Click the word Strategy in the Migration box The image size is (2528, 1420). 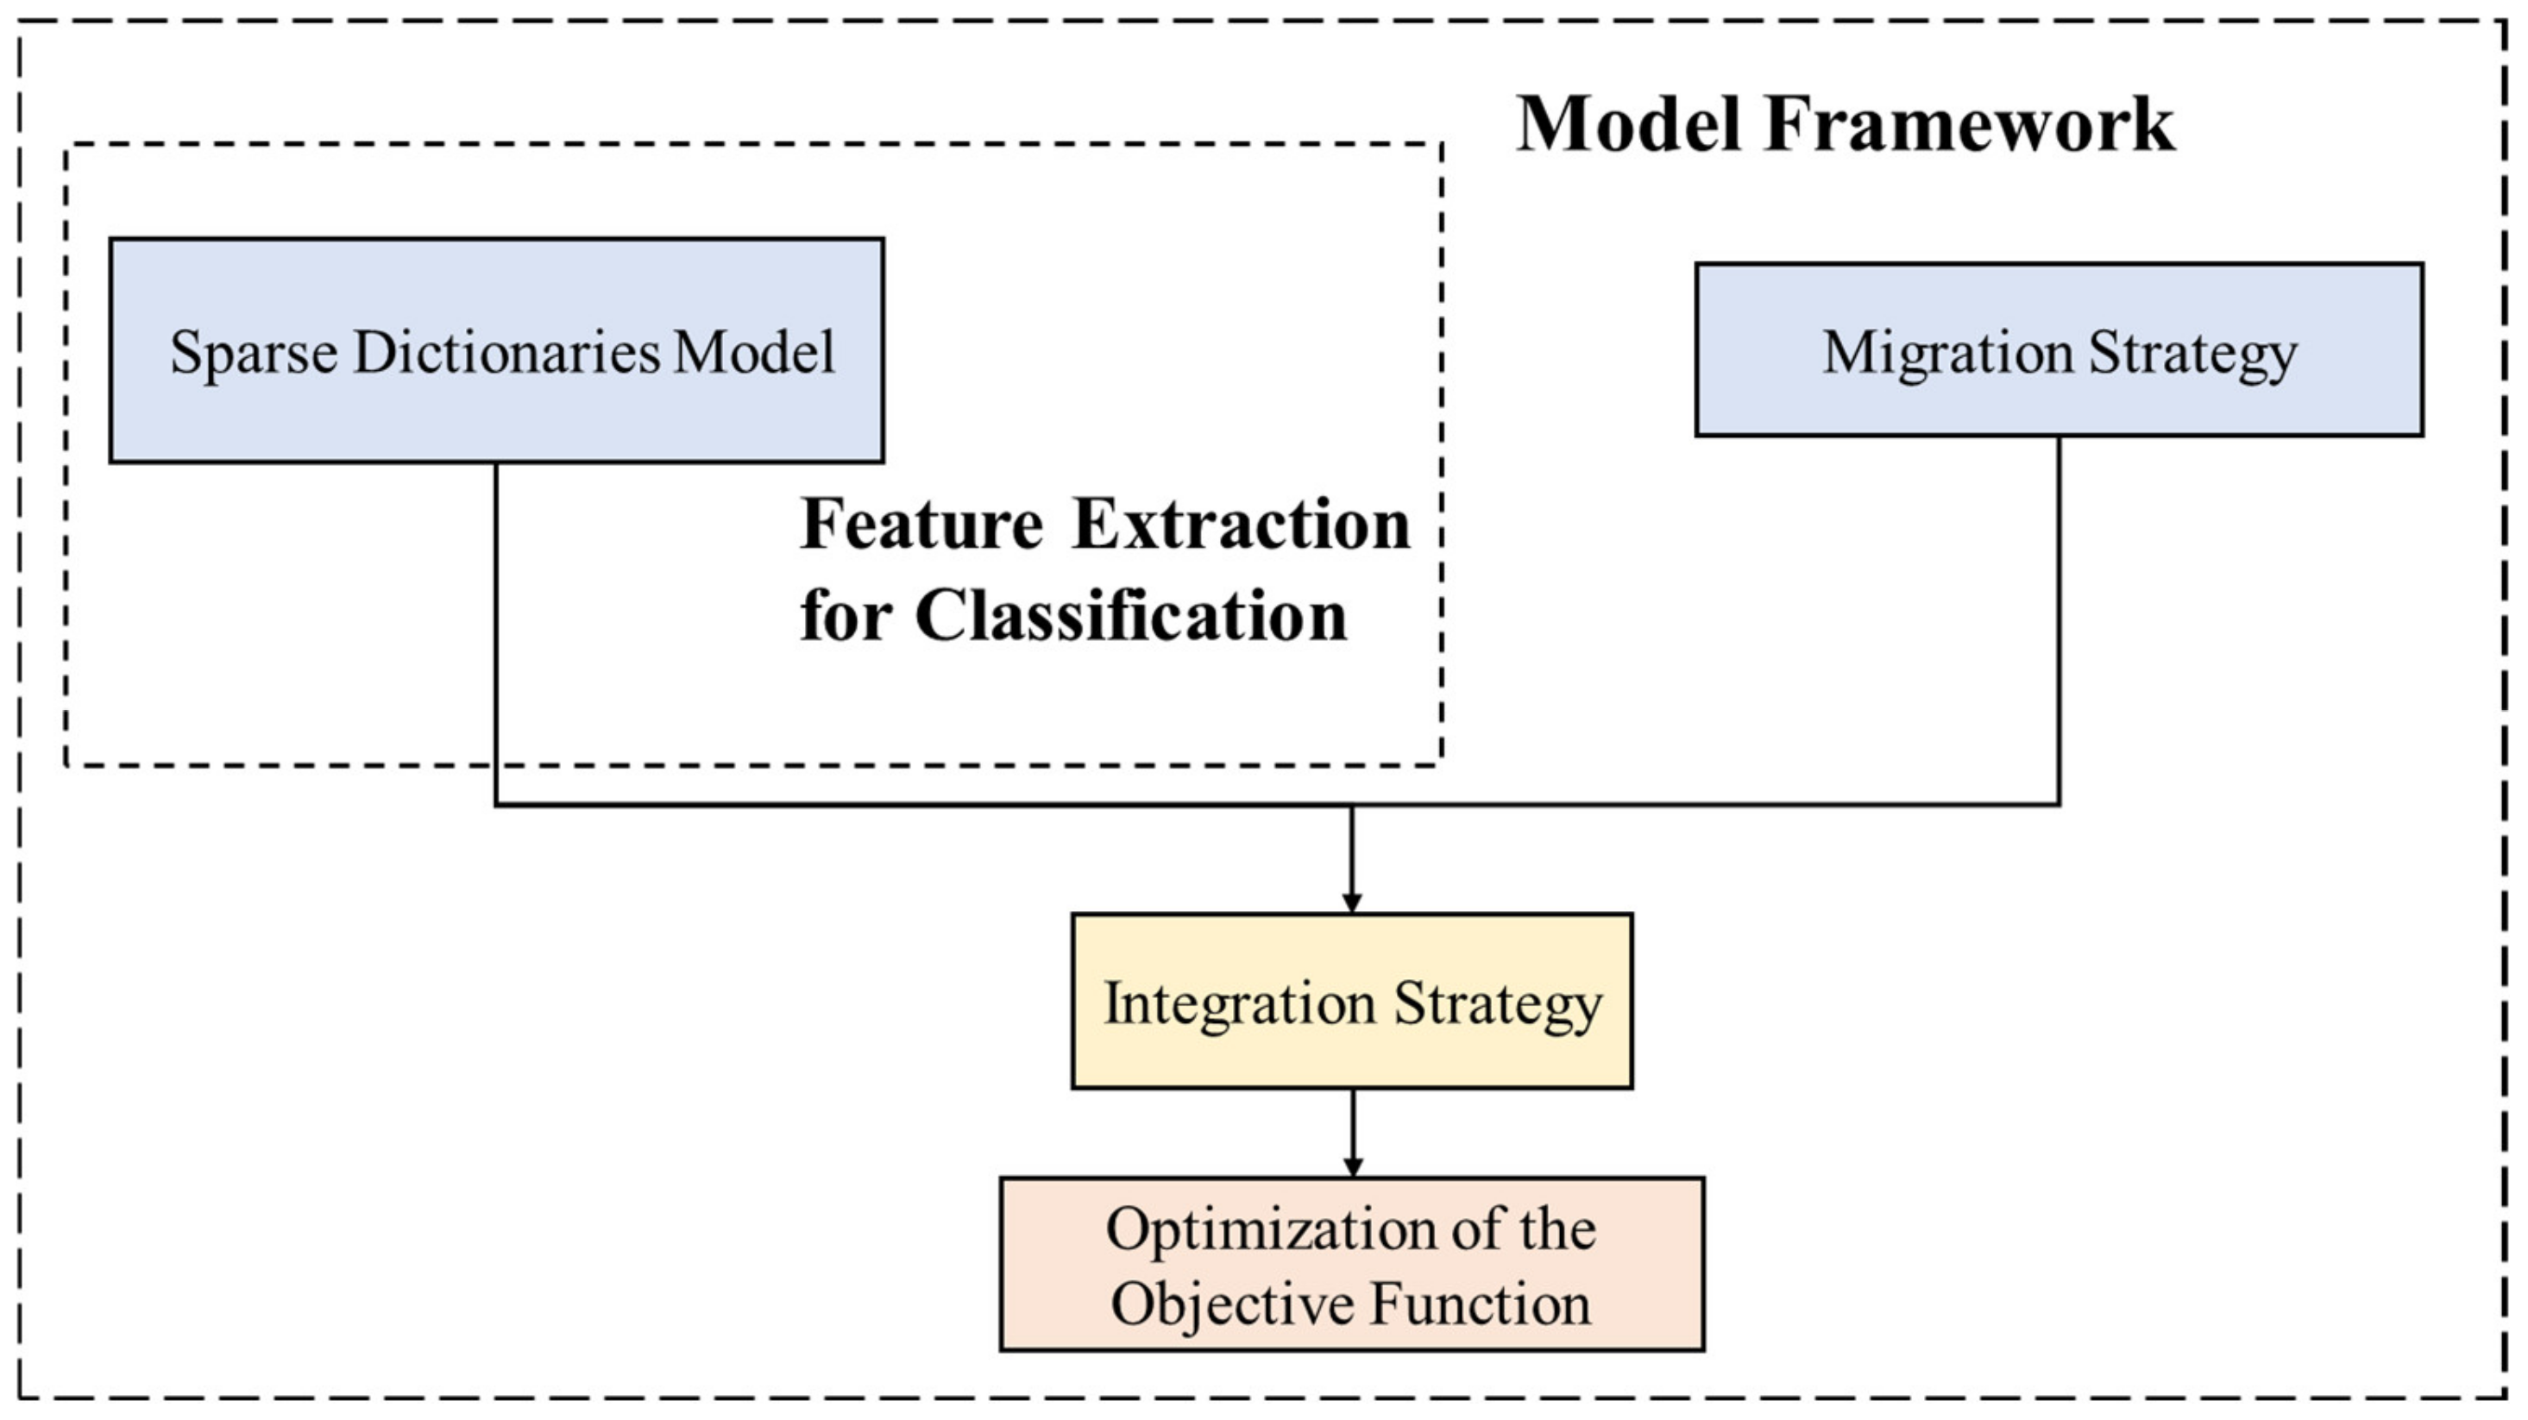pyautogui.click(x=2192, y=355)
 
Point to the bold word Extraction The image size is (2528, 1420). pyautogui.click(x=1242, y=525)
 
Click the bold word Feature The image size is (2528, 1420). pyautogui.click(x=921, y=525)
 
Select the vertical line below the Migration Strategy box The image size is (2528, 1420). pyautogui.click(x=2058, y=619)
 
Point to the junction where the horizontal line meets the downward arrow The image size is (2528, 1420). pyautogui.click(x=1351, y=806)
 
